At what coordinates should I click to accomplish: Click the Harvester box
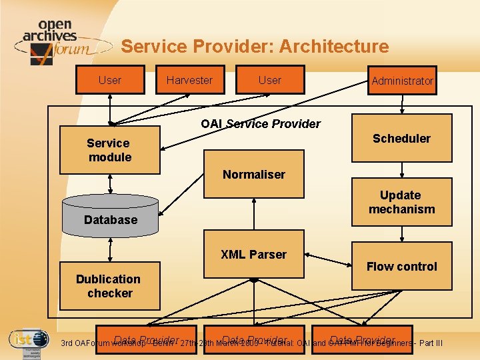coord(190,80)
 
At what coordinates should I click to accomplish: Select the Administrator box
coord(402,81)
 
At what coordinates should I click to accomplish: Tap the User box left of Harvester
coord(109,80)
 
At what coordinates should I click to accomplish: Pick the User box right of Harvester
coord(270,80)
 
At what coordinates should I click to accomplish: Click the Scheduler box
coord(401,139)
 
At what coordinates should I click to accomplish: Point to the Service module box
coord(109,150)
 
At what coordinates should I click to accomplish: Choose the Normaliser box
coord(254,175)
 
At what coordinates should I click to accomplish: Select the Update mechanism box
coord(401,203)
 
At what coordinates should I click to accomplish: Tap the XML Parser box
coord(253,255)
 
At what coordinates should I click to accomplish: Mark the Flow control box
coord(401,266)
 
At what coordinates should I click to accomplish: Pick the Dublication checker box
coord(109,286)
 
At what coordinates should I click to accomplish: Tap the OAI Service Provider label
coord(261,124)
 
